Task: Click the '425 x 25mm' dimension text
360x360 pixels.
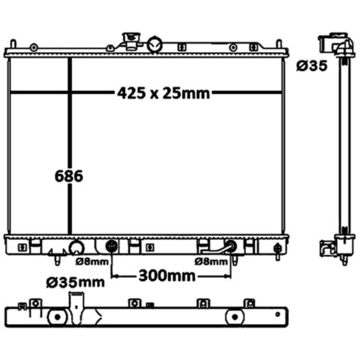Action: point(164,93)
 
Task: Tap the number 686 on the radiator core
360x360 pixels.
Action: point(68,176)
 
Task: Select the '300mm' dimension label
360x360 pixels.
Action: point(166,275)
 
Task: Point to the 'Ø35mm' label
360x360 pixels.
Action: point(76,282)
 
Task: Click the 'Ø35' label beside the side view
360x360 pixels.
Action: point(311,67)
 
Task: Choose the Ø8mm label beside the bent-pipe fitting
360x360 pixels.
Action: point(211,261)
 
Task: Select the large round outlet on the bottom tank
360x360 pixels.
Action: point(76,247)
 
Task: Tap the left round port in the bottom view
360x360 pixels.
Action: point(57,317)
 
